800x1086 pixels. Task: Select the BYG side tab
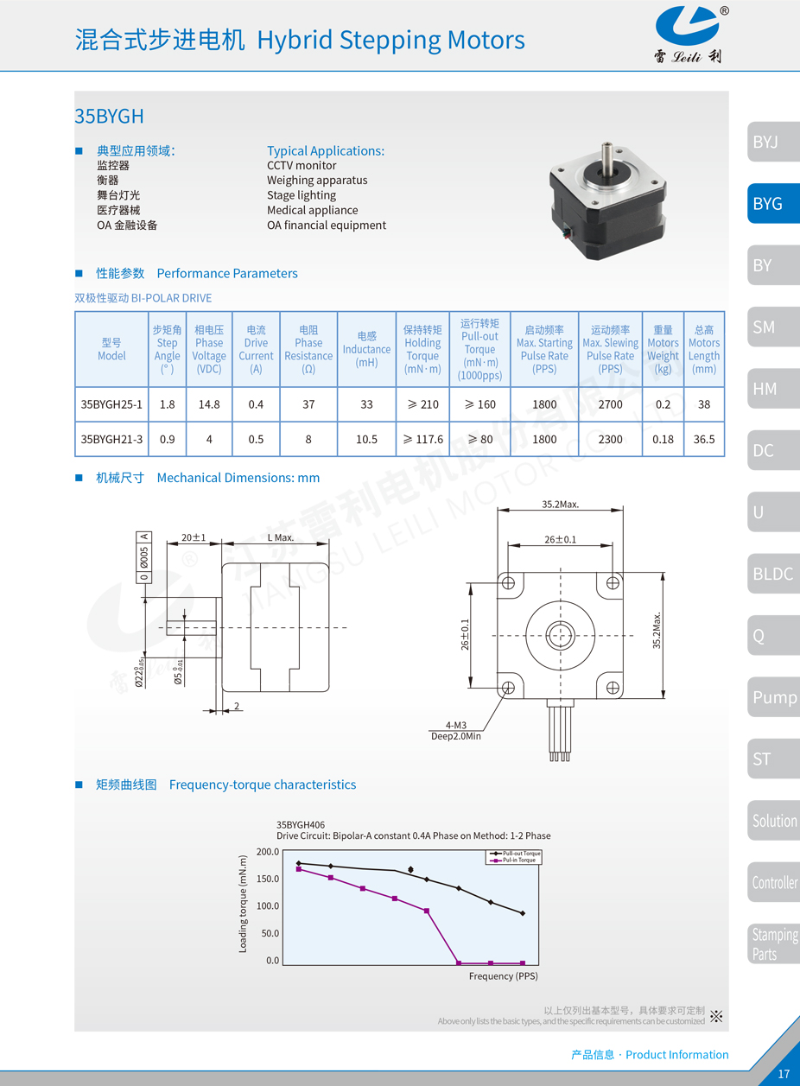(x=774, y=203)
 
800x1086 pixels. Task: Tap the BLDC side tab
(x=774, y=574)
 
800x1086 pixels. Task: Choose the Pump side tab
(x=774, y=697)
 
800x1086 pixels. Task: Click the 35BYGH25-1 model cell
(x=111, y=404)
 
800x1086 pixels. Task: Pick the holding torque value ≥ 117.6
(x=422, y=439)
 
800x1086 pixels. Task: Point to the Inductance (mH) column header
(x=366, y=349)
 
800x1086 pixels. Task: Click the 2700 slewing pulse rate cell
(x=610, y=404)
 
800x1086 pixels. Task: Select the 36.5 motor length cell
(x=704, y=439)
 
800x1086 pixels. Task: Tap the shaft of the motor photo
(x=606, y=157)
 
